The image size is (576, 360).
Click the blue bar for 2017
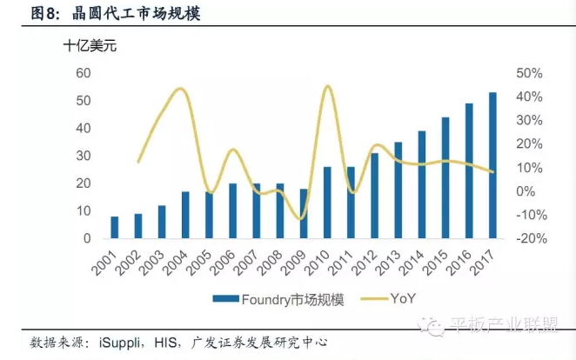[492, 165]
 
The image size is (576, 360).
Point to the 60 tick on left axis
[84, 73]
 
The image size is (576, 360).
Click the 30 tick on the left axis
[84, 156]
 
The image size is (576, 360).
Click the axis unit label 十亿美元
[90, 46]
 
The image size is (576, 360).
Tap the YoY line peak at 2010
[327, 86]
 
